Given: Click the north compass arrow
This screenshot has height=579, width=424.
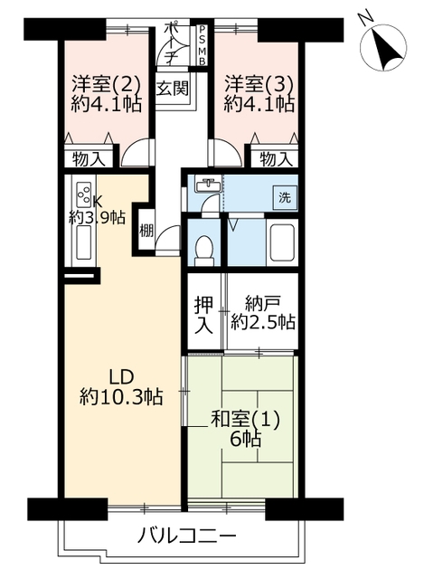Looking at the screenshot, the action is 387,51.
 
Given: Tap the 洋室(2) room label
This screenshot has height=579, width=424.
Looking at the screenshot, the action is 106,84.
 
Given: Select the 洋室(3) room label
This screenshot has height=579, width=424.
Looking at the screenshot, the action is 259,84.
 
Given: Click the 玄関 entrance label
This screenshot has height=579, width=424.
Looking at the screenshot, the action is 173,89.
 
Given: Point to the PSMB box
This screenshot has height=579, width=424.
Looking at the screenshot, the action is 202,45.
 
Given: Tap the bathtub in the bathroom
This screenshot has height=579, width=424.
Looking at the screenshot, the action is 282,242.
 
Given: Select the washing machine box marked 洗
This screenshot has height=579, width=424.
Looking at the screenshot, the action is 285,198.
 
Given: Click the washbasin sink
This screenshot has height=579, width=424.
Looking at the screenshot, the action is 209,185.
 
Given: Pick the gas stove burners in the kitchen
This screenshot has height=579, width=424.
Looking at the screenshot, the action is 84,195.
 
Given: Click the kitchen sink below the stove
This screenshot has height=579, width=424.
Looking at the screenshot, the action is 83,242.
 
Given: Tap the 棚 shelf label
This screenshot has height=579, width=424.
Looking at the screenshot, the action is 146,232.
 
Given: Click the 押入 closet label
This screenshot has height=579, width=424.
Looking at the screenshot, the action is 204,316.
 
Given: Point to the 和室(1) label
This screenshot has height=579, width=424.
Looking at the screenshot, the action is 245,420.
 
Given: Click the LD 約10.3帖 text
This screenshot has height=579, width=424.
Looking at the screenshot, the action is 121,387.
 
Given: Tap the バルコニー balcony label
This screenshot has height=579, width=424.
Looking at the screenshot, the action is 186,536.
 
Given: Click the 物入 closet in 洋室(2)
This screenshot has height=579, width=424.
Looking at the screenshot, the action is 88,159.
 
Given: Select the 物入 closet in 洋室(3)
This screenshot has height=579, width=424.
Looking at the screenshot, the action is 275,159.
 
